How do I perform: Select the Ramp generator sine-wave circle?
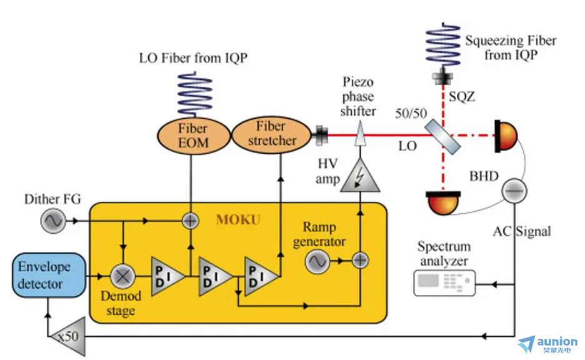click(317, 261)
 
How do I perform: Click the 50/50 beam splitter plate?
click(443, 135)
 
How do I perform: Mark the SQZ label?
click(462, 97)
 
